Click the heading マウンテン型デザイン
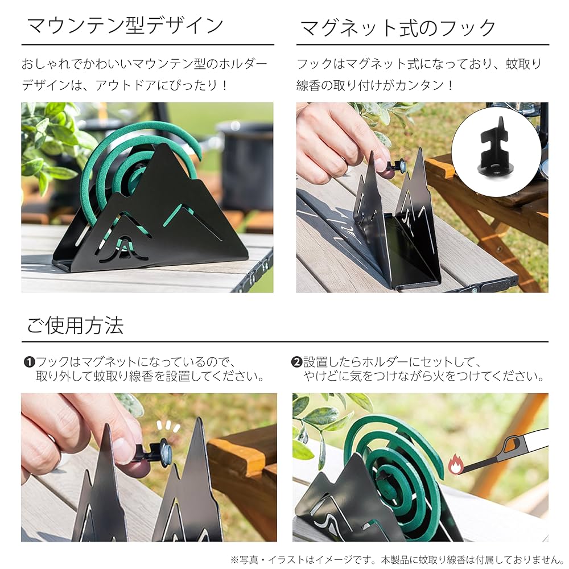click(125, 26)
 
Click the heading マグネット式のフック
click(397, 27)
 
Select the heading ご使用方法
click(75, 325)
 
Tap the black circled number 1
click(28, 362)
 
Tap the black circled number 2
click(296, 362)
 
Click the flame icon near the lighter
click(455, 465)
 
